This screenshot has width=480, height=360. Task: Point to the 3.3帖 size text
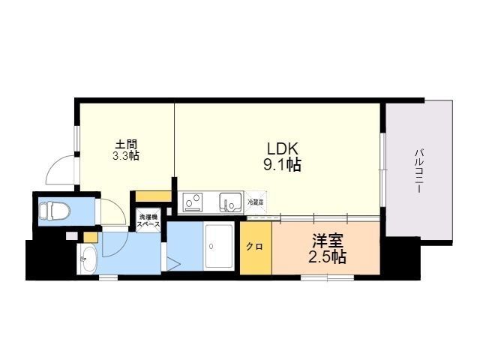[125, 156]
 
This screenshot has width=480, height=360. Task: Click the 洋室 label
[328, 241]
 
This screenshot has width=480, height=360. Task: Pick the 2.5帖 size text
[328, 258]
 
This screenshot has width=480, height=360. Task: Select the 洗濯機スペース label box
[148, 221]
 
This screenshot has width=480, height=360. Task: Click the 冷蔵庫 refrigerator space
[256, 202]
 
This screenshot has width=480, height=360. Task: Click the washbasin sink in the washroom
[87, 259]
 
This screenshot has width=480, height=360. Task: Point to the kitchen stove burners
[193, 202]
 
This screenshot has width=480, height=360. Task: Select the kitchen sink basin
[229, 202]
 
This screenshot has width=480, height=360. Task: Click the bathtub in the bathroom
[220, 246]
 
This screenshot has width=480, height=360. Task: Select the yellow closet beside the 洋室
[256, 248]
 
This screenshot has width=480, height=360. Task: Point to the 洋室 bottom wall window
[328, 277]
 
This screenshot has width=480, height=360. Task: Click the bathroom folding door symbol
[173, 263]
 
